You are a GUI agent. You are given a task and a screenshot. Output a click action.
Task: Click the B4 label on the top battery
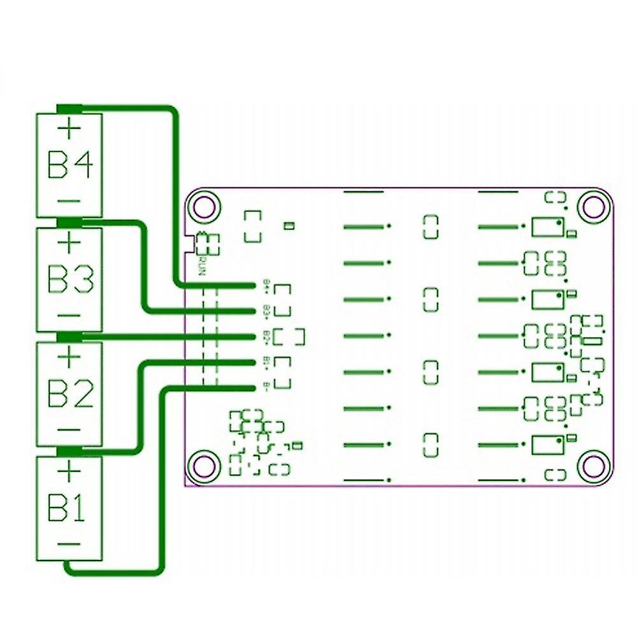tap(70, 166)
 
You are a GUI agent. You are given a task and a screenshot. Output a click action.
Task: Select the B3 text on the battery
tap(70, 280)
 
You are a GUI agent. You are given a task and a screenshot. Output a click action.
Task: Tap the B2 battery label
tap(70, 395)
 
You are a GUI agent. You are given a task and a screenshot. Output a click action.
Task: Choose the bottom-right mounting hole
tap(593, 466)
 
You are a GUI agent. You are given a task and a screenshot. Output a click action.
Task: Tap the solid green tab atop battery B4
tap(70, 108)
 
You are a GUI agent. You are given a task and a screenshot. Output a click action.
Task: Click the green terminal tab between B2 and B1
tap(70, 452)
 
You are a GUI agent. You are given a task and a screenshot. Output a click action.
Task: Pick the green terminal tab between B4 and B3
tap(70, 222)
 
